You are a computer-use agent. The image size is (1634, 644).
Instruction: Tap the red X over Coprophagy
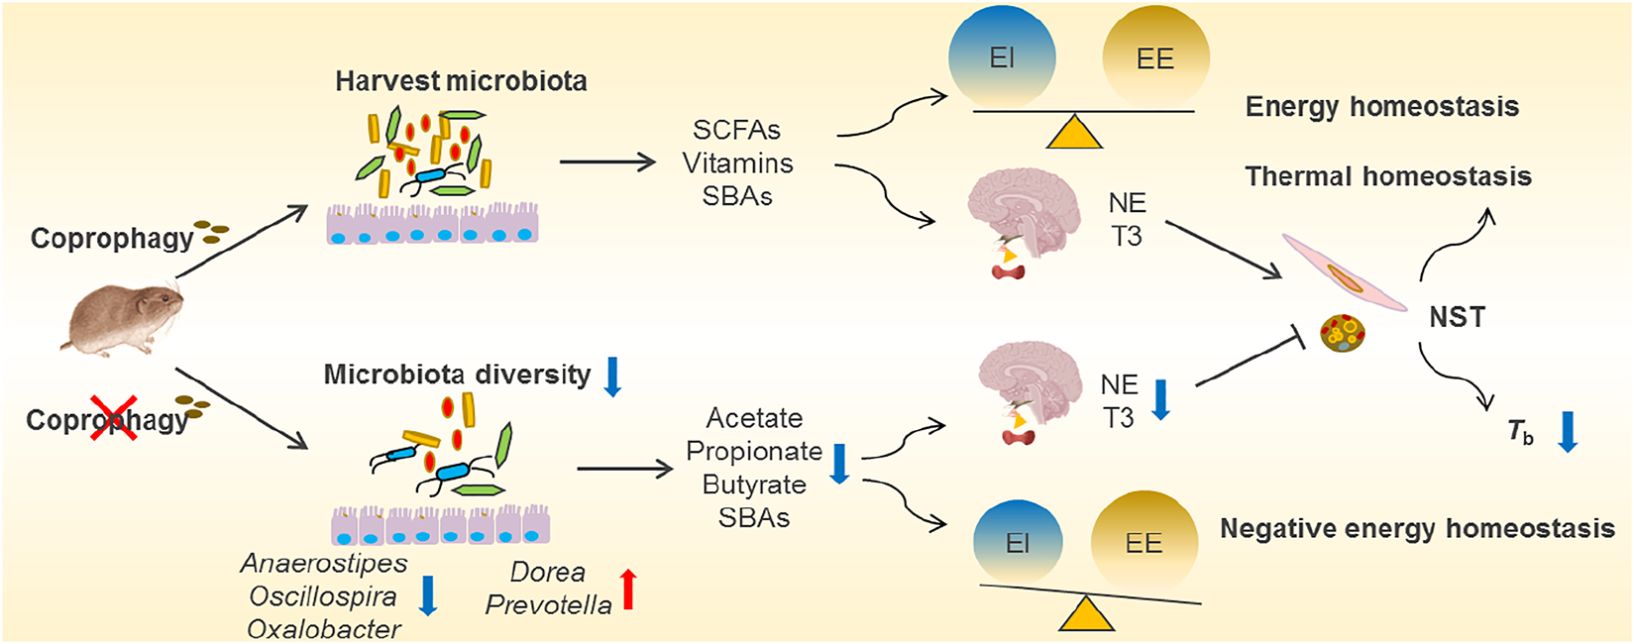113,416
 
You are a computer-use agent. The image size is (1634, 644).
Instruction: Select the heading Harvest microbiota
461,81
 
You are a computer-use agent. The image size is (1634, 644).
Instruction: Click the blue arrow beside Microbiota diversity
612,376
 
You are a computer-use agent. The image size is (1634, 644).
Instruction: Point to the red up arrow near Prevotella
627,589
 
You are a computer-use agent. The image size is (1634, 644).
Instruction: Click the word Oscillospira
323,596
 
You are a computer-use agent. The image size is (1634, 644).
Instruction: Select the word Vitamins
737,163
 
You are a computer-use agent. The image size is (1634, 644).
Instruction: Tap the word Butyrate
753,484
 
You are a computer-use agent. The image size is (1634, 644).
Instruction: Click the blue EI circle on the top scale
1002,56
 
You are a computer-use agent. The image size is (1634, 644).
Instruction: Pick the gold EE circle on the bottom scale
1144,542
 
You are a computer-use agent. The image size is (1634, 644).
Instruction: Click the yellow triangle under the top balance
1074,133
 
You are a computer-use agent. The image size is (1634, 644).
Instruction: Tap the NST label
1457,318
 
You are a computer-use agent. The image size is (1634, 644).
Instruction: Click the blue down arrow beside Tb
1568,432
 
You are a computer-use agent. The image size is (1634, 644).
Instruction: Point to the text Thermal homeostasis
1387,177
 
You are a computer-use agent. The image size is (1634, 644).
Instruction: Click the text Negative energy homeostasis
1417,529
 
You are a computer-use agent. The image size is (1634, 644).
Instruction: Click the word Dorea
547,573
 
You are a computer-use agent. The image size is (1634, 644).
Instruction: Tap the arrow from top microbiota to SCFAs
607,161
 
